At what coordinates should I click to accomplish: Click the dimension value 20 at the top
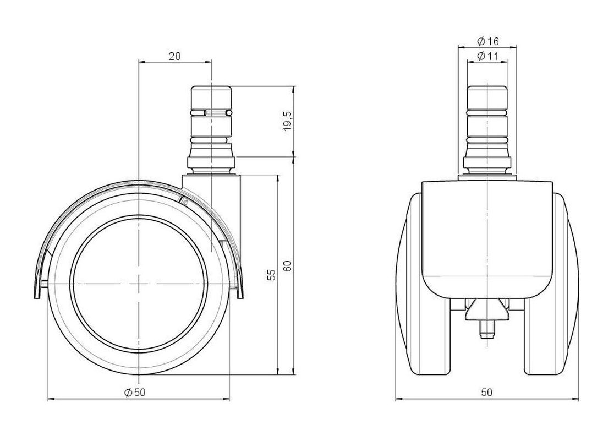pyautogui.click(x=174, y=56)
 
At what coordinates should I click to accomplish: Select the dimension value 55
pyautogui.click(x=271, y=275)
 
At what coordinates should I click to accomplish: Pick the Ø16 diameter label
pyautogui.click(x=487, y=41)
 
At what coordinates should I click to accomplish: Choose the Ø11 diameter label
pyautogui.click(x=487, y=56)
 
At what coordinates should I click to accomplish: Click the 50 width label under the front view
pyautogui.click(x=487, y=392)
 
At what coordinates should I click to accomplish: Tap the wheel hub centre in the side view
pyautogui.click(x=139, y=283)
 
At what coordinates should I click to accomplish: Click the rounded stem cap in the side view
pyautogui.click(x=211, y=97)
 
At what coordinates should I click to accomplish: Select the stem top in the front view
pyautogui.click(x=487, y=97)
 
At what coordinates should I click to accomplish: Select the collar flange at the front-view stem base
pyautogui.click(x=487, y=162)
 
